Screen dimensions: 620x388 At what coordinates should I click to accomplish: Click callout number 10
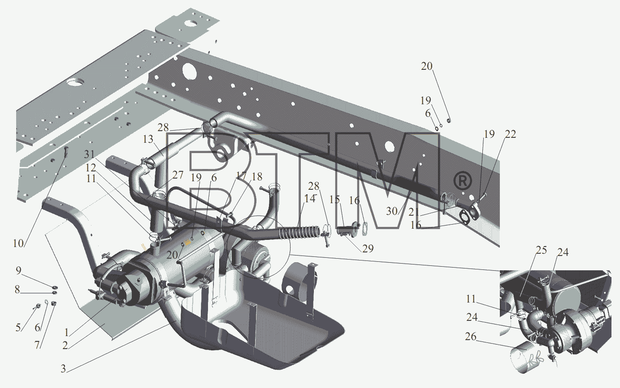point(18,243)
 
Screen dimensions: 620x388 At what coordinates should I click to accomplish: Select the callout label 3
point(63,368)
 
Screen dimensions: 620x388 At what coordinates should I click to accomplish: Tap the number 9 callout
point(18,271)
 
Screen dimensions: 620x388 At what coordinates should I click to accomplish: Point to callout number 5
point(18,328)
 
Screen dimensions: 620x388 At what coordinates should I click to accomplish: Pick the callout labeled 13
point(148,139)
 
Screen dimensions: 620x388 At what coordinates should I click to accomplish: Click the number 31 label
point(89,154)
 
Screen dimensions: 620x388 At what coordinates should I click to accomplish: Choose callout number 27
point(178,175)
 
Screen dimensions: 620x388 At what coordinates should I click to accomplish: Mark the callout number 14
point(310,198)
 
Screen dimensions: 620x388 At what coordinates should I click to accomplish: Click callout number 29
point(368,248)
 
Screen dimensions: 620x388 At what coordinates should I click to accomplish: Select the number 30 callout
point(392,211)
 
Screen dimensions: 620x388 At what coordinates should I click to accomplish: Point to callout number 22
point(510,134)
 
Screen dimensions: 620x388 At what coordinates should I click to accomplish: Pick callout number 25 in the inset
point(541,250)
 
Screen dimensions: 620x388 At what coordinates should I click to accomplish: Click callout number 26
point(471,337)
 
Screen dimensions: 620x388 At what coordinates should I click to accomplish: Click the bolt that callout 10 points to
point(66,152)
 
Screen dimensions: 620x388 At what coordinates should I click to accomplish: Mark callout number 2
point(65,345)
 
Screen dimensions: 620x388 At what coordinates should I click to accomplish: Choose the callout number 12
point(91,167)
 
